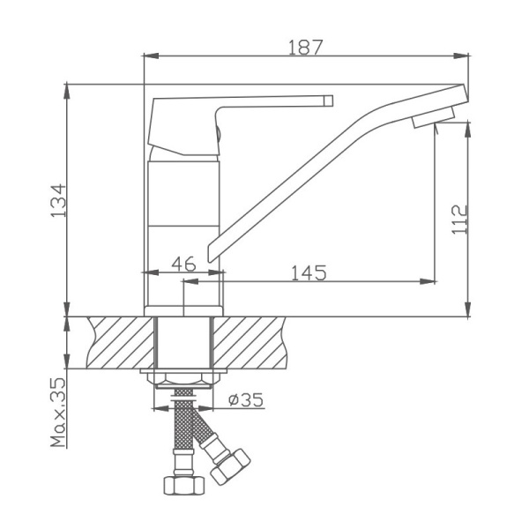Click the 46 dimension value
coord(183,264)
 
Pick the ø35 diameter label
coord(246,399)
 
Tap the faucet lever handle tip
coord(328,101)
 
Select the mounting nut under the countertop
coord(183,377)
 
